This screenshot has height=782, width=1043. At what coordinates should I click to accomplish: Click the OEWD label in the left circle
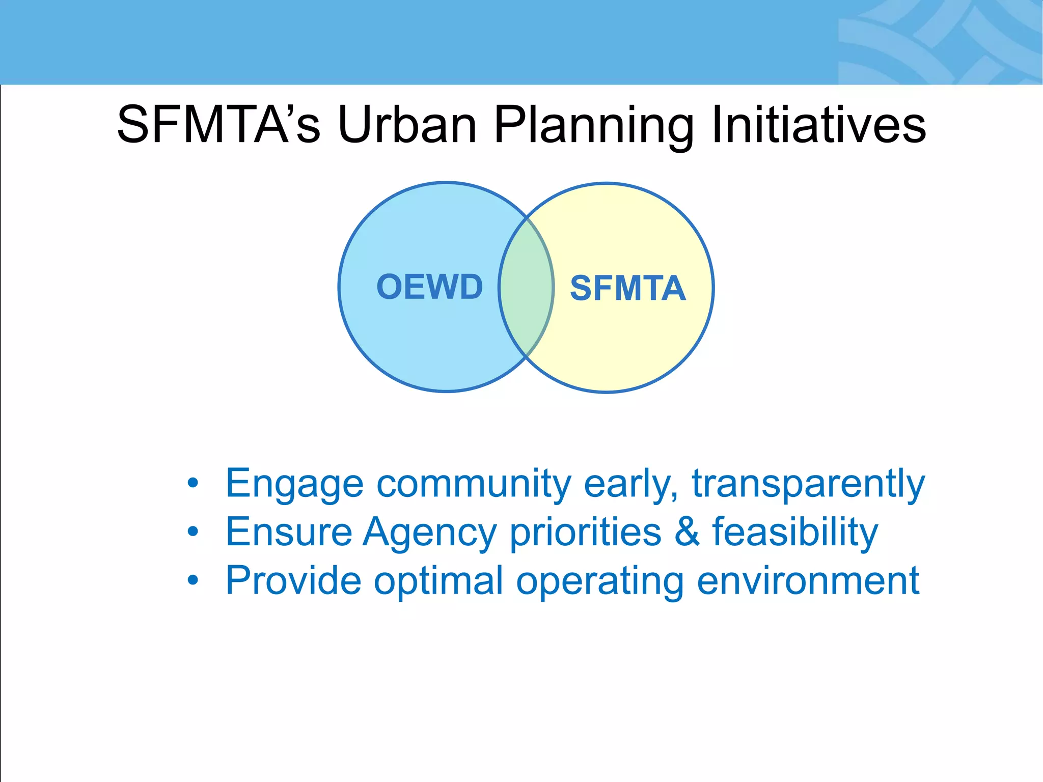[x=429, y=287]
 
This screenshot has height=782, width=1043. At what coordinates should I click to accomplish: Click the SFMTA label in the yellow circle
[x=627, y=289]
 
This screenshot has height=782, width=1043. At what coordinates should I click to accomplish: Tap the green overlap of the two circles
[x=526, y=288]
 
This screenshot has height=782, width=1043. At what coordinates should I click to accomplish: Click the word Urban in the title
[x=407, y=125]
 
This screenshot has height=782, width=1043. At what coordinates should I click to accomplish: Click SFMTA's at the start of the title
[x=219, y=125]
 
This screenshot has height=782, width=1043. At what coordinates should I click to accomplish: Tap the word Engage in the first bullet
[x=294, y=484]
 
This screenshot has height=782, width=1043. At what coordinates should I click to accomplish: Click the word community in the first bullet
[x=474, y=484]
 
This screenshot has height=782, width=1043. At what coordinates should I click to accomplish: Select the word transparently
[x=808, y=484]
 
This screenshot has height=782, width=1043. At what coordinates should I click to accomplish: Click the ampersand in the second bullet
[x=687, y=532]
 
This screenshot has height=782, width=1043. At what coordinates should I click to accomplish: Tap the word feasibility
[x=795, y=533]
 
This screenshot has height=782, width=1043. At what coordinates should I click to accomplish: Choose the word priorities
[x=586, y=533]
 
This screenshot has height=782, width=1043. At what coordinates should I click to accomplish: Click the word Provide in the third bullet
[x=293, y=580]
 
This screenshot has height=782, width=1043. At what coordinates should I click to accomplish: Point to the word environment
[x=808, y=580]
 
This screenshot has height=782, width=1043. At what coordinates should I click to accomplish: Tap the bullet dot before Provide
[x=193, y=580]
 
